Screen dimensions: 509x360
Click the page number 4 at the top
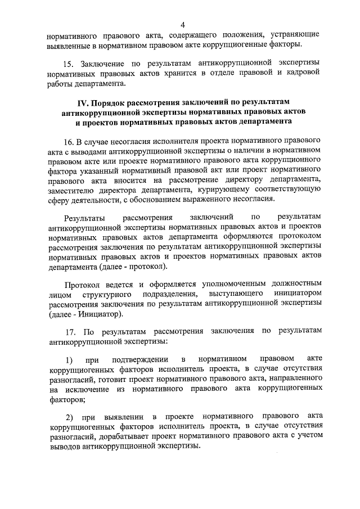[183, 24]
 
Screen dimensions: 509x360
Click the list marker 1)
[69, 359]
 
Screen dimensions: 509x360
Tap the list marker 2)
[69, 417]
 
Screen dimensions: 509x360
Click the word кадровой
[303, 74]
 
